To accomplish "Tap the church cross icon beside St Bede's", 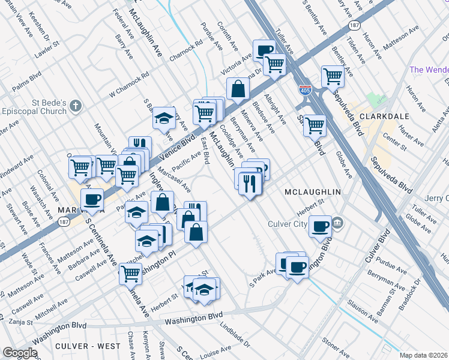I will point(75,106).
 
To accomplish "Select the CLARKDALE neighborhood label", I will point(381,114).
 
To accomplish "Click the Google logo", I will point(20,353).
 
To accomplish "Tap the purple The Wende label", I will point(429,70).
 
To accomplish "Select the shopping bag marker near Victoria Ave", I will point(238,89).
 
